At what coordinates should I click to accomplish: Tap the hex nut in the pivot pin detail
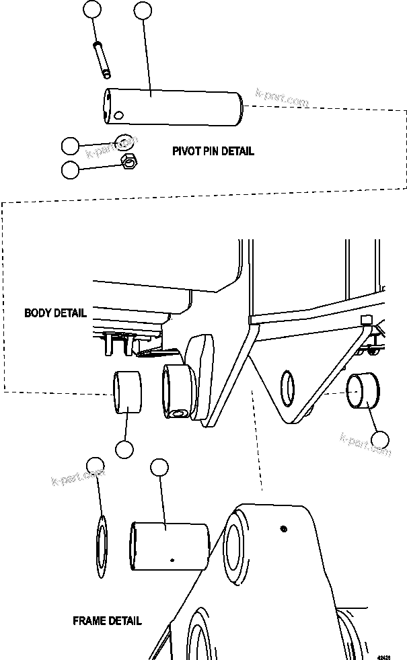(x=128, y=161)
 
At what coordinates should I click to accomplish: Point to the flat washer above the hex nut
(x=123, y=141)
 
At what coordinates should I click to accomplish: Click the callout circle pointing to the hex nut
(x=70, y=169)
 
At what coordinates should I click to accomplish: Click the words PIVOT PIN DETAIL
(x=213, y=151)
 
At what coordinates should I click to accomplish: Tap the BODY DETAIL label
(x=55, y=313)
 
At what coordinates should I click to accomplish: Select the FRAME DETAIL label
(x=107, y=620)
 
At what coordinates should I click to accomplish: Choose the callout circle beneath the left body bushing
(x=124, y=449)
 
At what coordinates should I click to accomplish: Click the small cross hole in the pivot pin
(x=118, y=115)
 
